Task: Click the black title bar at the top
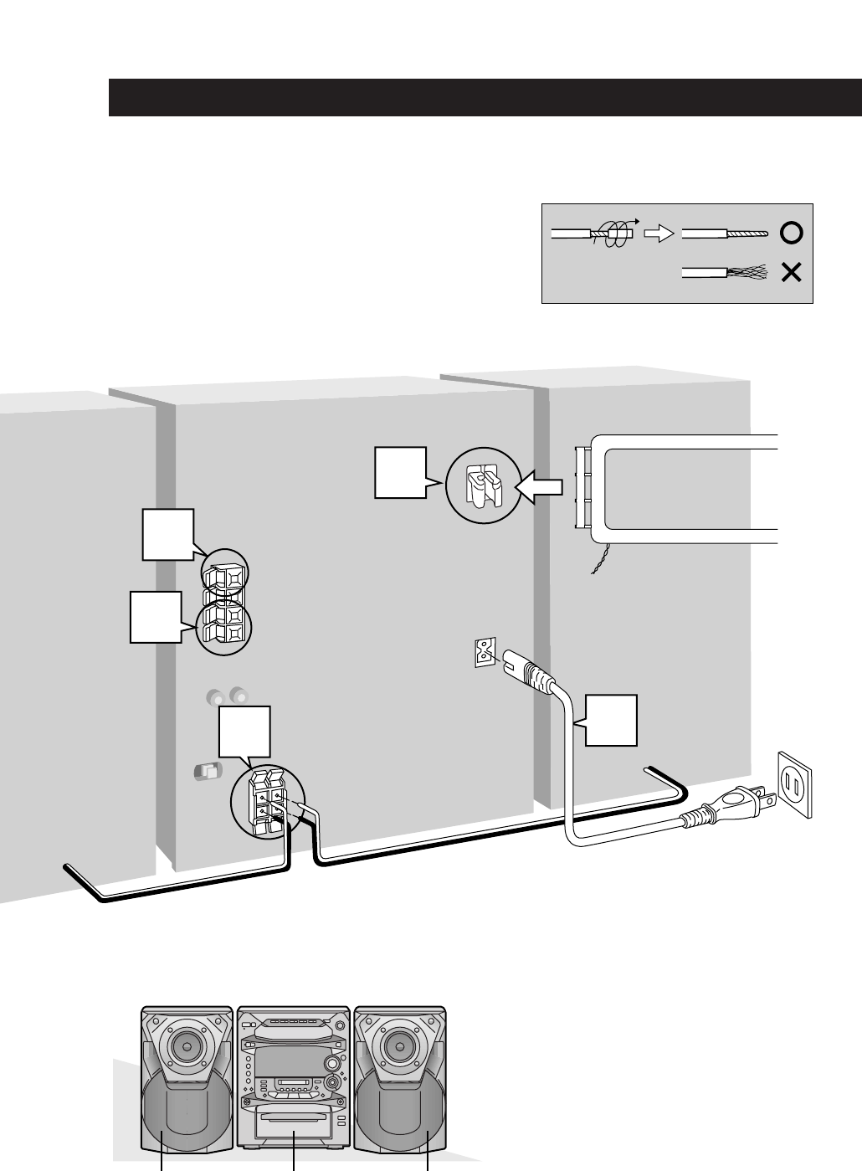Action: (x=485, y=98)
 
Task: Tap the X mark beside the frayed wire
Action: (x=791, y=273)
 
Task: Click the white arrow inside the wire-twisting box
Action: (x=661, y=234)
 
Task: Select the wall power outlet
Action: (x=795, y=783)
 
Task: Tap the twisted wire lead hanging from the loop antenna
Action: (x=600, y=558)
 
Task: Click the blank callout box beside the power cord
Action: (x=611, y=719)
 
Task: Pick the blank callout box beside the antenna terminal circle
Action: (x=400, y=473)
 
